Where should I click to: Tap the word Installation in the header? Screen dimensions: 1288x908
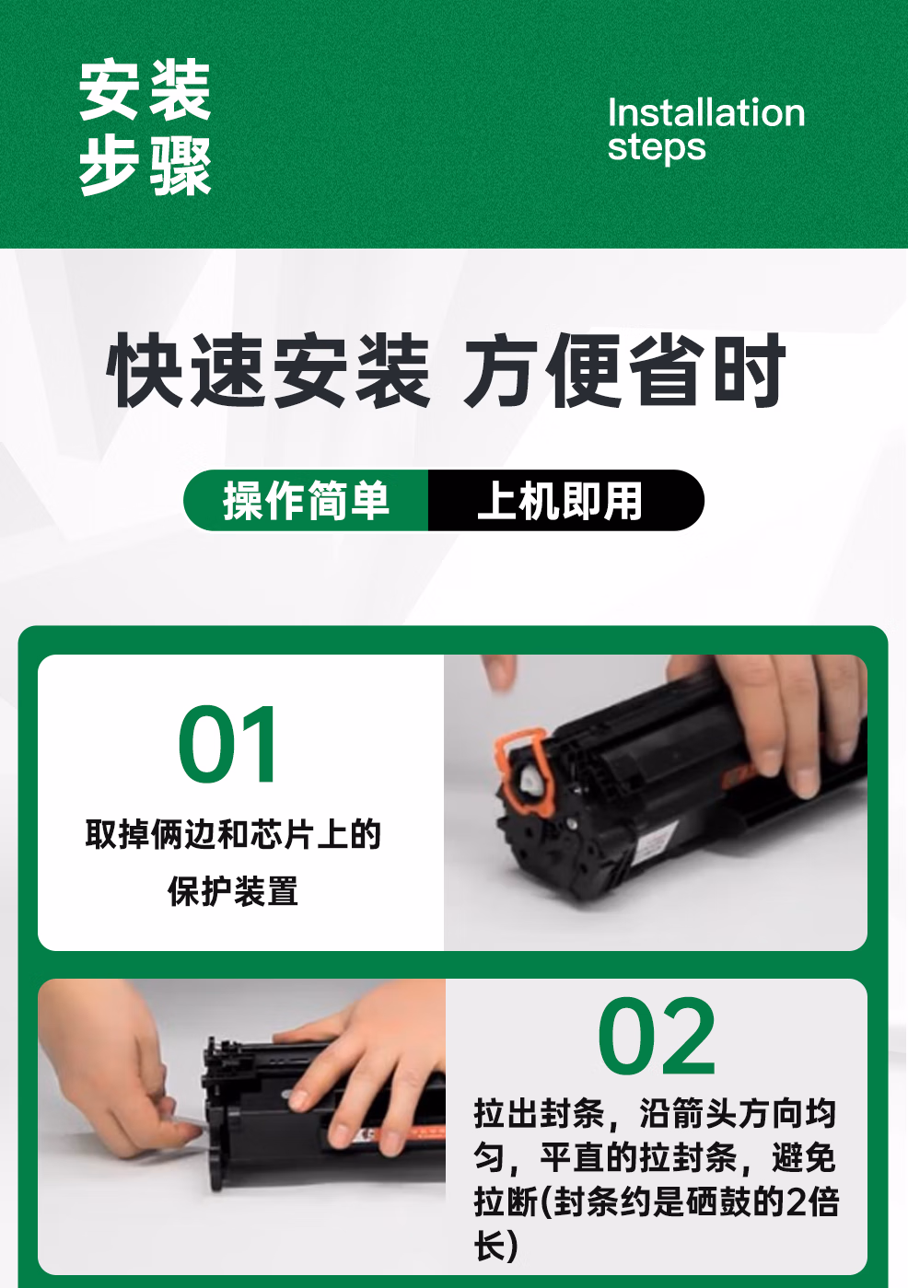pos(705,112)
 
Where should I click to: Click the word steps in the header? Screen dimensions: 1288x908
pos(656,147)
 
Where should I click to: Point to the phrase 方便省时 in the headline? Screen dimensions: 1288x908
pos(624,371)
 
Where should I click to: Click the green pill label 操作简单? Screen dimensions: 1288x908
pos(307,501)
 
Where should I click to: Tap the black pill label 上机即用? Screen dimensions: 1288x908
pos(561,501)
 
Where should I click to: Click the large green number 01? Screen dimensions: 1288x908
pos(227,745)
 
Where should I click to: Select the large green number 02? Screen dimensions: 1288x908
pos(656,1038)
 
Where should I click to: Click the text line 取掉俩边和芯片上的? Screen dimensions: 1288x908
pos(233,834)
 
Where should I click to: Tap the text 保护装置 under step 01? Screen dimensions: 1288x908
pos(233,891)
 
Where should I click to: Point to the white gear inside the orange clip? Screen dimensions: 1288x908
pos(531,782)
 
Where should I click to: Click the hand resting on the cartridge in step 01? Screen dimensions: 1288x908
pos(783,718)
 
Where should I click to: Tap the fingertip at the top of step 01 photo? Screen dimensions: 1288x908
pos(500,672)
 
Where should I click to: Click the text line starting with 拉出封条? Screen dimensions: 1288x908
pos(655,1113)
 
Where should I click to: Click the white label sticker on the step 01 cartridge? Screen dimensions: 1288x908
pos(656,840)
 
